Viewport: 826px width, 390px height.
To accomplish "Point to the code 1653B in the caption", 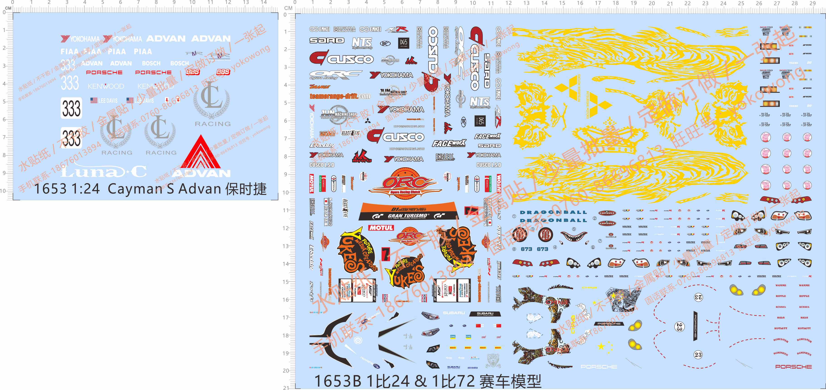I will pyautogui.click(x=337, y=381).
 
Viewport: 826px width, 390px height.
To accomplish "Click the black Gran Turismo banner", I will pyautogui.click(x=407, y=216).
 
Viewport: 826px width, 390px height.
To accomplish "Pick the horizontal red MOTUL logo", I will pyautogui.click(x=381, y=228).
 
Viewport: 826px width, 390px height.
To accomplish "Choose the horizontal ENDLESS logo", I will pyautogui.click(x=445, y=157).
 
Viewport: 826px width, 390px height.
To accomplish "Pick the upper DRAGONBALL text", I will pyautogui.click(x=553, y=212).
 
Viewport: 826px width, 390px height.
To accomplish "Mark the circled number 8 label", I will pyautogui.click(x=514, y=249).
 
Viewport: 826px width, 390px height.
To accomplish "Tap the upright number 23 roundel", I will pyautogui.click(x=698, y=354).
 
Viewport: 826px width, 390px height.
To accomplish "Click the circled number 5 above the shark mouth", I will pyautogui.click(x=574, y=229).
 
